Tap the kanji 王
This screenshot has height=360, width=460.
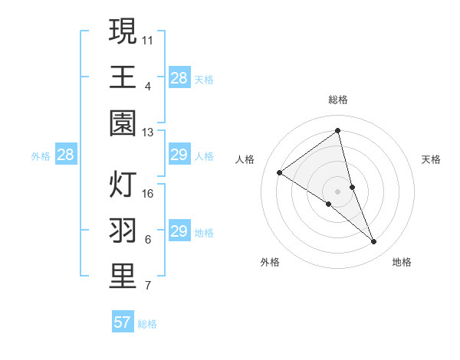[123, 77]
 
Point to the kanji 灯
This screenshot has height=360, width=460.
[123, 185]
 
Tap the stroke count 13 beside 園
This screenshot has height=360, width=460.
[148, 133]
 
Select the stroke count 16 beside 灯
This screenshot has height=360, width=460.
[148, 193]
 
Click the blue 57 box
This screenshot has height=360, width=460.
[123, 322]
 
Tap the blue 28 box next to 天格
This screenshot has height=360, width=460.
[179, 77]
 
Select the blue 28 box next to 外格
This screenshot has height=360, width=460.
[65, 155]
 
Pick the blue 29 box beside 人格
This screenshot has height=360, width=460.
[179, 155]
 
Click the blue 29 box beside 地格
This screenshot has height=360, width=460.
[179, 231]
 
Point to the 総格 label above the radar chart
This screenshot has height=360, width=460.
[337, 100]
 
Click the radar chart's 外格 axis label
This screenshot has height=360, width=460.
[270, 262]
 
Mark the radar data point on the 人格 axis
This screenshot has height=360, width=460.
[279, 172]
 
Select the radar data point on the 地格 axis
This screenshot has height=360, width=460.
[374, 242]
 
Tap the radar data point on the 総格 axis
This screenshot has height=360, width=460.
[337, 131]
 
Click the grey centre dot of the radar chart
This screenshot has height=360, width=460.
[337, 190]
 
